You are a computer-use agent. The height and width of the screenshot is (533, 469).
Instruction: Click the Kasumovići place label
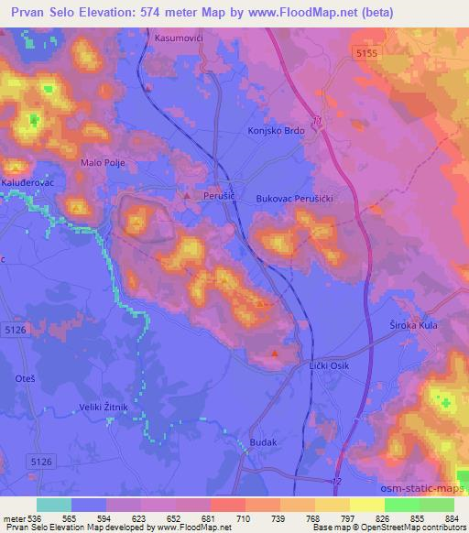click(x=183, y=39)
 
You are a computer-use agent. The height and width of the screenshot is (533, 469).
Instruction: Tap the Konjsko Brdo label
click(x=276, y=130)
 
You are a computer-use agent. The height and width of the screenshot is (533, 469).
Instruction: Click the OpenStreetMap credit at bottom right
click(x=409, y=528)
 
